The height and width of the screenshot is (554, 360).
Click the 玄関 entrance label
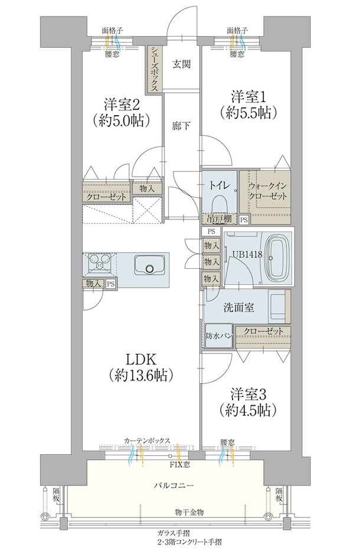click(x=181, y=64)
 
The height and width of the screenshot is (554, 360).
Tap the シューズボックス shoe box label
click(x=154, y=69)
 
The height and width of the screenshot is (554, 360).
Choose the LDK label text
click(x=141, y=359)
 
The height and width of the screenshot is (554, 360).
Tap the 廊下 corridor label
click(x=181, y=125)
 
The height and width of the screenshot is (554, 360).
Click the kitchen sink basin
click(x=149, y=265)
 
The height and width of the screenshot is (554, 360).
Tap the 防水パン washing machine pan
click(x=218, y=335)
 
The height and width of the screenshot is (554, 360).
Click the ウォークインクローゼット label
click(x=267, y=191)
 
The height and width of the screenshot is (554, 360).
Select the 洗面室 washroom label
click(x=238, y=308)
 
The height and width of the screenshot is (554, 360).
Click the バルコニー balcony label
click(x=174, y=485)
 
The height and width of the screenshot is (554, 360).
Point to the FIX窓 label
click(x=180, y=465)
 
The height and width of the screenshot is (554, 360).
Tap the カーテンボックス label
click(x=147, y=441)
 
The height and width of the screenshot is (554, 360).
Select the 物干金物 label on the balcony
click(x=189, y=512)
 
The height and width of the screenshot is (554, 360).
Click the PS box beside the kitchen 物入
click(x=111, y=283)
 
